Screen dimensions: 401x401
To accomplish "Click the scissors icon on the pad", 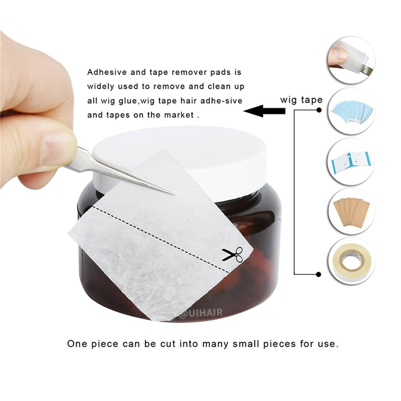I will tap(233, 254).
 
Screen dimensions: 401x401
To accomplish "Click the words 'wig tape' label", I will tap(301, 99).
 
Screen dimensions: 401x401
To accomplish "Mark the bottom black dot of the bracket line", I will tap(319, 274).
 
